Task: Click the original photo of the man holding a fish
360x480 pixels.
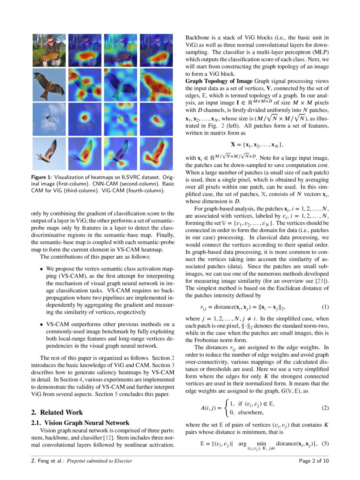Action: pos(49,50)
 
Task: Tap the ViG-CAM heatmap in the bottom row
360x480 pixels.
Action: pos(156,153)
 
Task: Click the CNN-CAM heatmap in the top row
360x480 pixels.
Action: pos(84,50)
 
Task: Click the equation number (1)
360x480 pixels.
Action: pos(325,307)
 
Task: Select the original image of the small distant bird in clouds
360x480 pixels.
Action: pos(49,118)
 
